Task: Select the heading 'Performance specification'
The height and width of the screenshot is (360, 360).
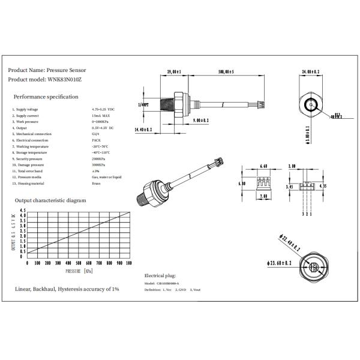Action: click(x=46, y=97)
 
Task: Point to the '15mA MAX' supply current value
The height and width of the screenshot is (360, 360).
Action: click(x=101, y=116)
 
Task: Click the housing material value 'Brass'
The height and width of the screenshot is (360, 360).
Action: click(x=96, y=184)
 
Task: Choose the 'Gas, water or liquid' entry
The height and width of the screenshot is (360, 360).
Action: click(x=107, y=178)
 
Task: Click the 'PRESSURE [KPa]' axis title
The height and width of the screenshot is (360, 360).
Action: click(x=79, y=271)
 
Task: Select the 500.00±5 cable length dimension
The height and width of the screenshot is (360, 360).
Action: click(x=226, y=72)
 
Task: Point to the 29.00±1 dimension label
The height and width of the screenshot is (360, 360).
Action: click(x=173, y=72)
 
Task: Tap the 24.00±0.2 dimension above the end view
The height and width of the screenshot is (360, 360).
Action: click(x=312, y=72)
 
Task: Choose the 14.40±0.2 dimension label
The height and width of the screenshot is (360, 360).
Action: click(x=143, y=129)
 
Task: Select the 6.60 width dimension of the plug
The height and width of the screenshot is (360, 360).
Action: click(x=263, y=166)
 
